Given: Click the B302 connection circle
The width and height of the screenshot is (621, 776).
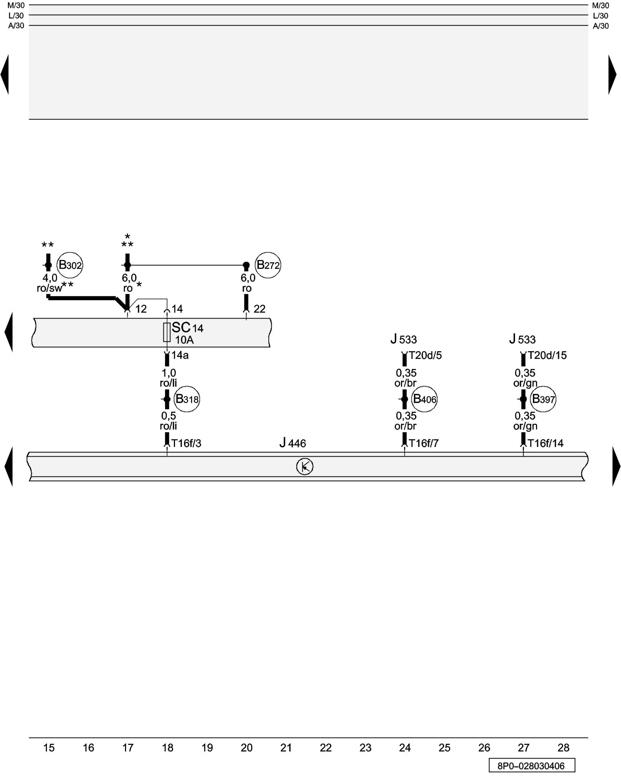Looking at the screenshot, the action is (x=70, y=265).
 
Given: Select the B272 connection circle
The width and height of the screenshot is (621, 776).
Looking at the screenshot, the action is (x=268, y=265).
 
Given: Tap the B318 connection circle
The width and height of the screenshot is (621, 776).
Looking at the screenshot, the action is (x=187, y=399).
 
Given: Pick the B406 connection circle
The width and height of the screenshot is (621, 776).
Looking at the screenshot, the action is (x=424, y=399).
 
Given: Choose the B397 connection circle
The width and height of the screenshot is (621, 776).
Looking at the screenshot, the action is (x=543, y=399).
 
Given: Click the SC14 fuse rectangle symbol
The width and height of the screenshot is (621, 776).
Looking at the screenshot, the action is (x=167, y=332).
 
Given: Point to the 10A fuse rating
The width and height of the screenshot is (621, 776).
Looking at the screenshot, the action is (x=184, y=340).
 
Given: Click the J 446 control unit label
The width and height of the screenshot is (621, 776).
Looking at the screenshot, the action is (x=293, y=443).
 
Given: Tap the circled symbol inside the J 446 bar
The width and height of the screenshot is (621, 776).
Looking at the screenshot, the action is (x=305, y=466).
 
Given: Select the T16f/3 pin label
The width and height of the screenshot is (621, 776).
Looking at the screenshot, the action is (x=186, y=443).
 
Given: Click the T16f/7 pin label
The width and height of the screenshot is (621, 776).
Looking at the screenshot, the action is (x=424, y=443).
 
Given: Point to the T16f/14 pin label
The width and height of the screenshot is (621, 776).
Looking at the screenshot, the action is (x=545, y=443).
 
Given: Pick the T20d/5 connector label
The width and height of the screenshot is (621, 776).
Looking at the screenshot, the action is (x=425, y=355).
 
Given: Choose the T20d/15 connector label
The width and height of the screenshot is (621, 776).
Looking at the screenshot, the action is (x=547, y=355).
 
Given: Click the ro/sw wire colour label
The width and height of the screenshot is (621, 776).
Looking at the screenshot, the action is (x=49, y=288).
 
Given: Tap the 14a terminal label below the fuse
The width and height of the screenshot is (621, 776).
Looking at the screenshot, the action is (x=180, y=355).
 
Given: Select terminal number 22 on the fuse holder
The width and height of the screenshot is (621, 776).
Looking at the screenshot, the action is (x=259, y=309).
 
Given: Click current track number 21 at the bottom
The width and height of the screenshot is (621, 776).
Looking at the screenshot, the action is (x=286, y=748).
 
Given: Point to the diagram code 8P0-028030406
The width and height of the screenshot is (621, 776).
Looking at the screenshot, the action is (x=531, y=766).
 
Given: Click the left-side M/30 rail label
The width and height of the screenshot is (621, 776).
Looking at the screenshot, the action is (x=16, y=5).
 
